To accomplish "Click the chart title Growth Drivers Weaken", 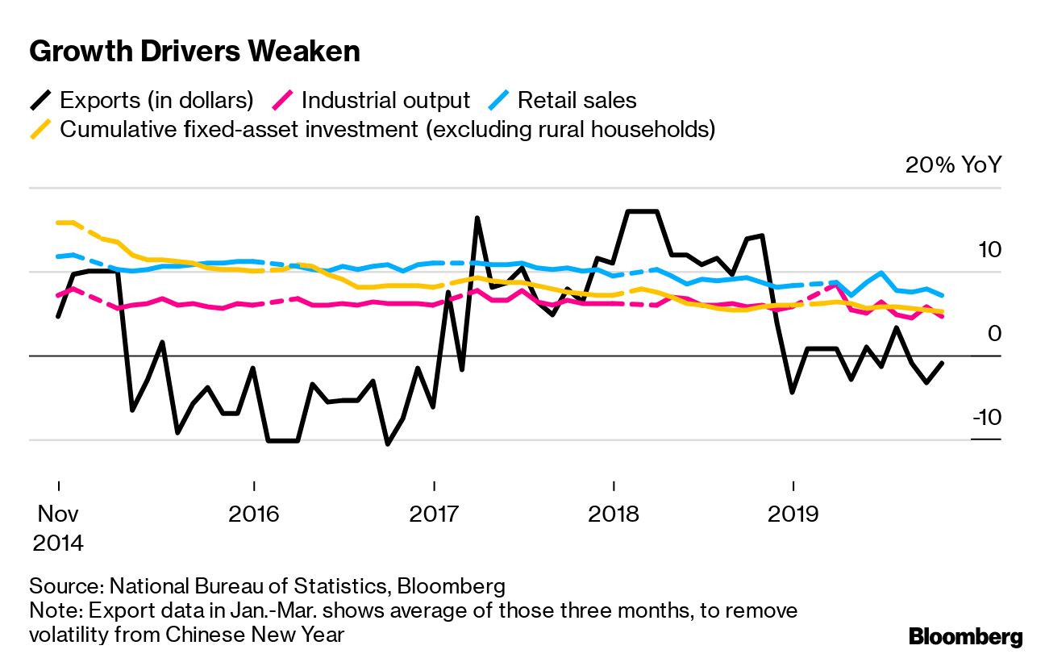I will pyautogui.click(x=194, y=52).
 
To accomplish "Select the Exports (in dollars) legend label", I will pyautogui.click(x=156, y=101).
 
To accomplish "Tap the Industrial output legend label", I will pyautogui.click(x=385, y=101).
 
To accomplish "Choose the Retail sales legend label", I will pyautogui.click(x=577, y=101).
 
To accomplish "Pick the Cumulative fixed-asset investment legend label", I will pyautogui.click(x=388, y=129).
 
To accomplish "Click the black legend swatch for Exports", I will pyautogui.click(x=41, y=101).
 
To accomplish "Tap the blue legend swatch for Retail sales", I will pyautogui.click(x=498, y=101).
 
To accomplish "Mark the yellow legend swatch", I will pyautogui.click(x=41, y=129).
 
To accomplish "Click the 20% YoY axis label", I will pyautogui.click(x=953, y=165).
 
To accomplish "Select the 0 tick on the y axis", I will pyautogui.click(x=993, y=334).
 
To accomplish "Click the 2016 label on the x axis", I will pyautogui.click(x=254, y=514).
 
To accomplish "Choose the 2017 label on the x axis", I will pyautogui.click(x=435, y=514).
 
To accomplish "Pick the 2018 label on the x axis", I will pyautogui.click(x=614, y=514).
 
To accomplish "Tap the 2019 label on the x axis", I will pyautogui.click(x=794, y=514).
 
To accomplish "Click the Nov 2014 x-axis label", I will pyautogui.click(x=58, y=528).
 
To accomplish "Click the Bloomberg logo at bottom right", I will pyautogui.click(x=965, y=636).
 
